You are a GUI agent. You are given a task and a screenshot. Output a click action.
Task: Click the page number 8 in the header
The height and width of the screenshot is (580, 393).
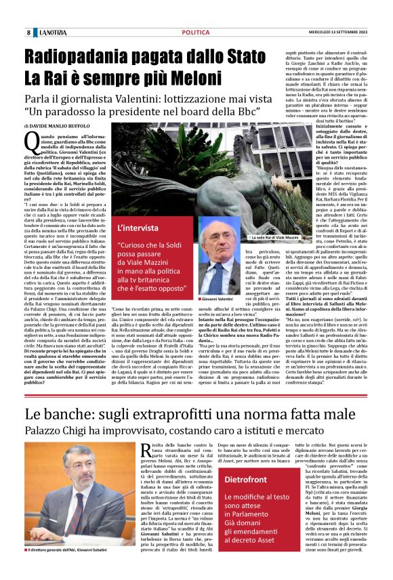28,33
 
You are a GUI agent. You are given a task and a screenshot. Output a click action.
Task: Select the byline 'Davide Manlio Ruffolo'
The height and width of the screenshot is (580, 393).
58,126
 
